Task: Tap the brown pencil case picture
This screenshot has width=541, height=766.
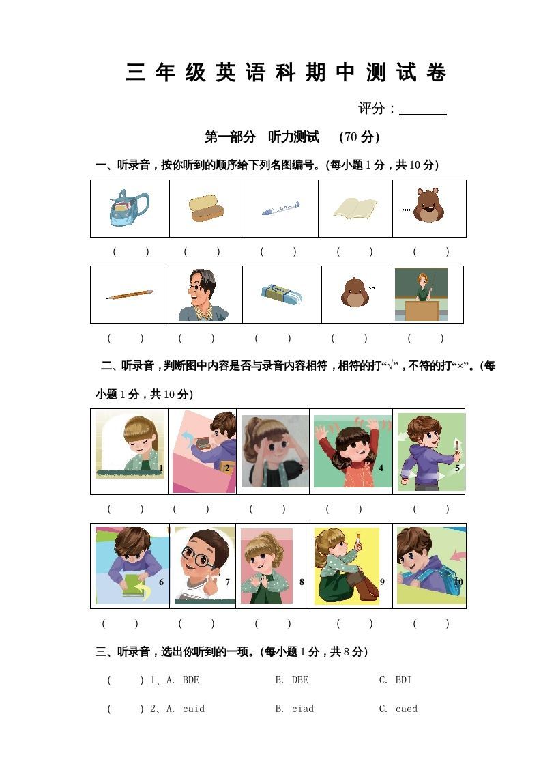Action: (x=205, y=208)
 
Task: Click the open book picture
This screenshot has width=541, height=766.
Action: (x=355, y=208)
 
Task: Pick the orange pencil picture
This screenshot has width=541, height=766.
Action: (x=130, y=294)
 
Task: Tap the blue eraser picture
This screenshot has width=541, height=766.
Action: (x=281, y=294)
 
